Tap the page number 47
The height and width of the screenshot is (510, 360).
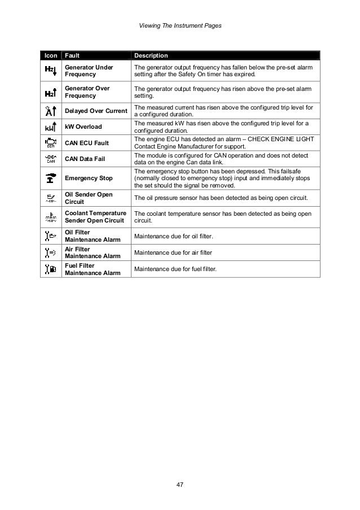tap(180, 485)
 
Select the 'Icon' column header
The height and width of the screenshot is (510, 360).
tap(49, 56)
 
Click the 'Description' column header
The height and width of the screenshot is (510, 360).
tap(151, 56)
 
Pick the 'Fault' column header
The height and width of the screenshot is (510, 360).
tap(72, 56)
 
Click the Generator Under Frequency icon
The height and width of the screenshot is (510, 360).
tap(50, 71)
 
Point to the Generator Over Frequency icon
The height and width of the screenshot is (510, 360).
tap(50, 92)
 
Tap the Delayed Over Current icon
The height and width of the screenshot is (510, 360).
tap(50, 110)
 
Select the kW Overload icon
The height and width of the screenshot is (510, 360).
tap(50, 126)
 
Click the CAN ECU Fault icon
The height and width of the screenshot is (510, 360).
tap(50, 142)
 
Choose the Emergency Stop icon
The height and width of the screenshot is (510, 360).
tap(50, 178)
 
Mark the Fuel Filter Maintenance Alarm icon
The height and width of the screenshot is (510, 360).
tap(50, 269)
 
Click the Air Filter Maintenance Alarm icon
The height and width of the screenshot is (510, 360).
tap(50, 252)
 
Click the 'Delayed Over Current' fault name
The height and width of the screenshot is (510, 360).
tap(95, 110)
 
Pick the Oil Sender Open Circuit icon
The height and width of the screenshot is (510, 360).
tap(50, 198)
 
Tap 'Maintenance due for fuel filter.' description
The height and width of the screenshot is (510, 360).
tap(175, 269)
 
